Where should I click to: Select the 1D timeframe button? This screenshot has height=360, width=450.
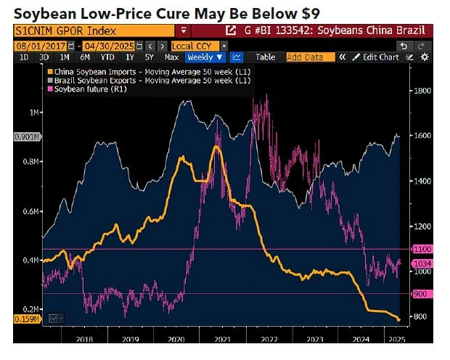(x=24, y=57)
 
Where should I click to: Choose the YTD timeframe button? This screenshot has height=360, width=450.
(x=108, y=57)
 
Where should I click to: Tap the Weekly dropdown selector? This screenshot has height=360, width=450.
(x=205, y=57)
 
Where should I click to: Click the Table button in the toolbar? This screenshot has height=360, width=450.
(x=265, y=57)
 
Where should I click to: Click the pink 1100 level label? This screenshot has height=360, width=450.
(x=422, y=248)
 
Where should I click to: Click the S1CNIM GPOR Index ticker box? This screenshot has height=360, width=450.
(x=94, y=30)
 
